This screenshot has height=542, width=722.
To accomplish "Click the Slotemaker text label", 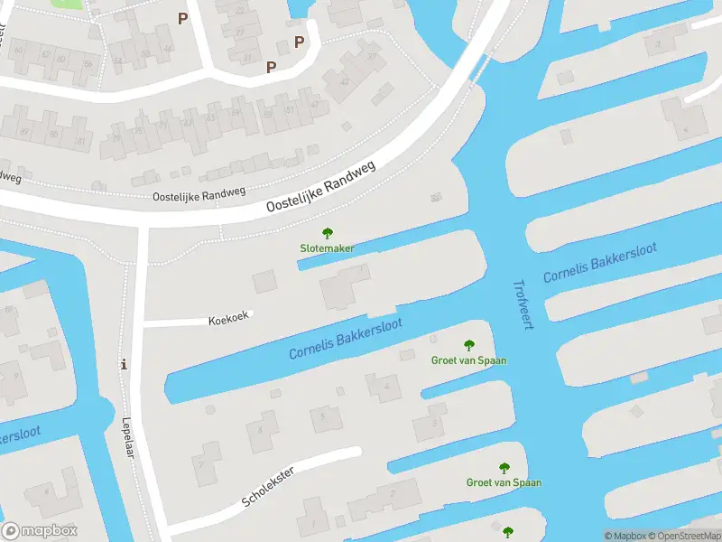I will click(x=327, y=248).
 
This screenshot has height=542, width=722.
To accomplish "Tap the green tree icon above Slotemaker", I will click(x=327, y=233).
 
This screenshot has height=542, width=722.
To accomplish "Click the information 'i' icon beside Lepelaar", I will click(x=124, y=365).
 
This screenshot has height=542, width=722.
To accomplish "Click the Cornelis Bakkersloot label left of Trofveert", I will click(x=346, y=337).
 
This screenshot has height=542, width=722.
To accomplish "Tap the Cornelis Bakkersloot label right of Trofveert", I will click(x=600, y=264).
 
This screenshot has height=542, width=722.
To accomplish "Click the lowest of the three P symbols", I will click(x=271, y=66).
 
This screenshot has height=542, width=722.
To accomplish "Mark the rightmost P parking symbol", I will click(x=299, y=42).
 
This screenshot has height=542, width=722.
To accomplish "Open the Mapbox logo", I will click(x=40, y=531).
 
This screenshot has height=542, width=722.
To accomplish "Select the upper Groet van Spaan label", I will click(x=468, y=360).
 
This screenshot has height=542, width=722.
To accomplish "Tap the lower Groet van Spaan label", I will click(x=504, y=482).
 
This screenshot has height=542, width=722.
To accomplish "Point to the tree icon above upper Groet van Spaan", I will click(x=468, y=344).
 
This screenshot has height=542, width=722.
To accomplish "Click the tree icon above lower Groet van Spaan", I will click(x=504, y=467).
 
